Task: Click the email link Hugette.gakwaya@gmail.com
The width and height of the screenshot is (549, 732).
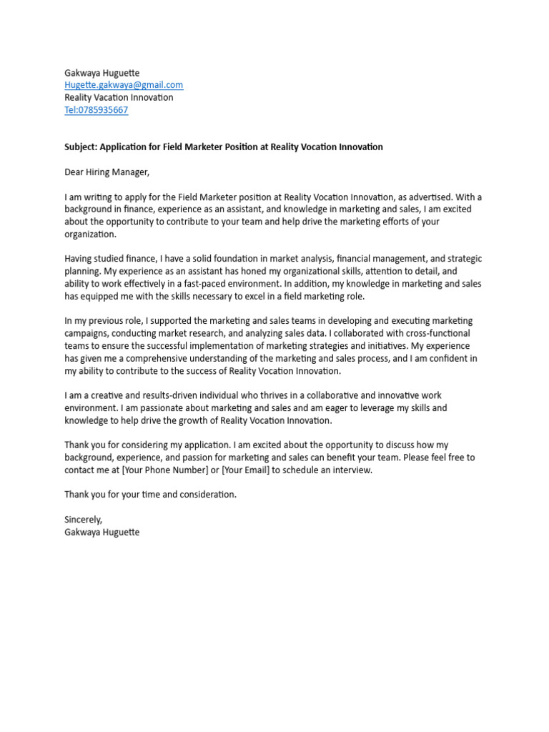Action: [x=124, y=85]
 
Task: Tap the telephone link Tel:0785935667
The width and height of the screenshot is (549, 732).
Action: [x=97, y=110]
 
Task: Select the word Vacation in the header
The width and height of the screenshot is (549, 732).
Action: [x=121, y=97]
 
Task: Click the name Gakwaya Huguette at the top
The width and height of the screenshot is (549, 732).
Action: [x=102, y=73]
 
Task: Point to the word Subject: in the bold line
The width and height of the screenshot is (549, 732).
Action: [x=81, y=147]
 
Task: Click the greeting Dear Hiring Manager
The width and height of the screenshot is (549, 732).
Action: [x=107, y=172]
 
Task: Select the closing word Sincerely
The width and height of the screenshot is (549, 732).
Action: [x=84, y=520]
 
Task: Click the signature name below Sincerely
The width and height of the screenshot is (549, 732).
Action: [x=102, y=533]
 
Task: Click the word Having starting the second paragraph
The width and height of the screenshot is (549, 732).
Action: [x=81, y=259]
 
